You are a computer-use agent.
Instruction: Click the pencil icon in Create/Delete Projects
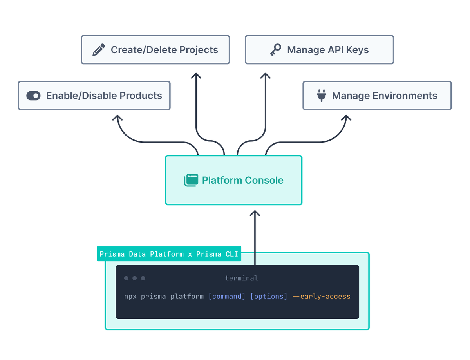pyautogui.click(x=99, y=50)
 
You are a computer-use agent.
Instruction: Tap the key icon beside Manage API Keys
pyautogui.click(x=275, y=50)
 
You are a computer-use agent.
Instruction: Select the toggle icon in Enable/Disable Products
pyautogui.click(x=33, y=96)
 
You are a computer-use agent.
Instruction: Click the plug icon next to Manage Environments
pyautogui.click(x=321, y=96)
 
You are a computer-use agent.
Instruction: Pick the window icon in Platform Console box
pyautogui.click(x=191, y=180)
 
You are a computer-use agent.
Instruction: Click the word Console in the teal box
pyautogui.click(x=264, y=180)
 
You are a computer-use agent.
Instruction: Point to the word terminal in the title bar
pyautogui.click(x=241, y=278)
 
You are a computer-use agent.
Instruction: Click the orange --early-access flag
pyautogui.click(x=321, y=296)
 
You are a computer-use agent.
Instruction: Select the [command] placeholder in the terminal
pyautogui.click(x=227, y=296)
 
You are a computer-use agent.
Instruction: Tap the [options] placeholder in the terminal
pyautogui.click(x=269, y=296)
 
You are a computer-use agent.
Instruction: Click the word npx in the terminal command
pyautogui.click(x=130, y=296)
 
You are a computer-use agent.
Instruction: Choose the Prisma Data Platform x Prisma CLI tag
pyautogui.click(x=169, y=254)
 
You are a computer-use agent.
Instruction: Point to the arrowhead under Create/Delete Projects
pyautogui.click(x=196, y=75)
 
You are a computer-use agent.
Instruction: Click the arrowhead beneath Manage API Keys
pyautogui.click(x=266, y=75)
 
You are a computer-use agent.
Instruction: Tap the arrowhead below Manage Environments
pyautogui.click(x=346, y=118)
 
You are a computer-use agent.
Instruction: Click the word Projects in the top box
pyautogui.click(x=199, y=50)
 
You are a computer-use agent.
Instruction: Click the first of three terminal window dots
pyautogui.click(x=126, y=278)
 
